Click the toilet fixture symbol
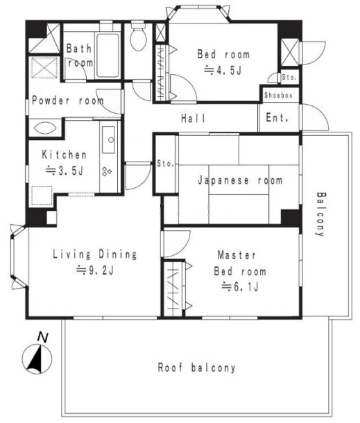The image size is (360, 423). pyautogui.click(x=139, y=36)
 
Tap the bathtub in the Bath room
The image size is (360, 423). pyautogui.click(x=108, y=55)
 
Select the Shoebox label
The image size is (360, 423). pyautogui.click(x=278, y=95)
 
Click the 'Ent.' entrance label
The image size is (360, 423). pyautogui.click(x=277, y=118)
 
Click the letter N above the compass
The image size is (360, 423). pyautogui.click(x=42, y=337)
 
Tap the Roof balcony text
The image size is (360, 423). pyautogui.click(x=196, y=368)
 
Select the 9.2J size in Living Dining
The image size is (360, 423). pyautogui.click(x=95, y=270)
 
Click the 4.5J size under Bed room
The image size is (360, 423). pyautogui.click(x=223, y=71)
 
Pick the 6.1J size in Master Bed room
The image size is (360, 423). pyautogui.click(x=240, y=287)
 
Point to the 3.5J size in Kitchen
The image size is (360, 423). pyautogui.click(x=65, y=171)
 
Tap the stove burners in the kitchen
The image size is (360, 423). pyautogui.click(x=107, y=171)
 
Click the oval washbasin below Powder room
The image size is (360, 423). pyautogui.click(x=45, y=128)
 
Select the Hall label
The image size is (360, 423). pyautogui.click(x=194, y=118)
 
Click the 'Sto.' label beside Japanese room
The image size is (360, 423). pyautogui.click(x=165, y=164)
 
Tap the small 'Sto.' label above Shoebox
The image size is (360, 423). pyautogui.click(x=289, y=77)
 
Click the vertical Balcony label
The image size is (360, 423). pyautogui.click(x=321, y=214)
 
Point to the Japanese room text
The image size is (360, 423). pyautogui.click(x=240, y=180)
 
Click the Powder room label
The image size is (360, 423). pyautogui.click(x=68, y=101)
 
